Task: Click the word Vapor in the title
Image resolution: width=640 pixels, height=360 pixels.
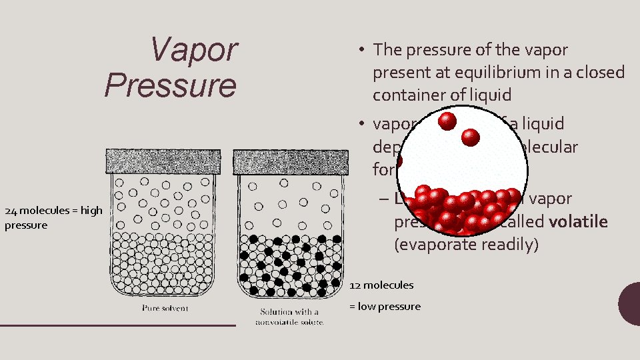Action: [x=193, y=50]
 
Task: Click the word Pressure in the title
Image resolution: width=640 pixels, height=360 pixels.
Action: [x=171, y=85]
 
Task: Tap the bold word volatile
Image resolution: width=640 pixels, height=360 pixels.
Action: [x=578, y=221]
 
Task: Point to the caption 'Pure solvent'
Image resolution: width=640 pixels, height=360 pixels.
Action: [x=165, y=308]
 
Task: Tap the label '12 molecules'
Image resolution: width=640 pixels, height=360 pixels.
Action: [x=381, y=285]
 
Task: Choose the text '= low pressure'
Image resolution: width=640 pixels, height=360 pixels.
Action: [x=385, y=307]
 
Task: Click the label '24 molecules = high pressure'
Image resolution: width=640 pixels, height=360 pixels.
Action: [x=53, y=217]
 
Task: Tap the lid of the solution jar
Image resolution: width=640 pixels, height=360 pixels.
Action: [x=290, y=162]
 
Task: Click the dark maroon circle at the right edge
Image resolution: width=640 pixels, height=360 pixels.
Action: [x=630, y=303]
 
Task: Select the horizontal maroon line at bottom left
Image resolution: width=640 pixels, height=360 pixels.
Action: [x=118, y=325]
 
